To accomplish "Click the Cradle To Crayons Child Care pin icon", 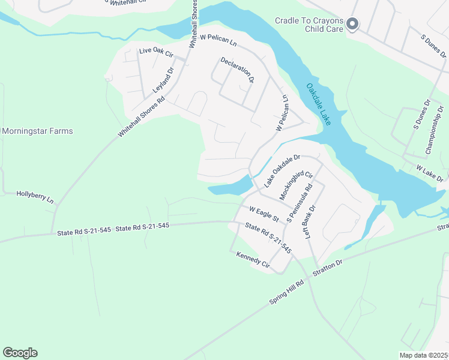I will pos(352,24).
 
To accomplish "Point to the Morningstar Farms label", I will pos(37,131).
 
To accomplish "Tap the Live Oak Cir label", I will pos(155,52).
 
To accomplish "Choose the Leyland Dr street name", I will pos(163,79).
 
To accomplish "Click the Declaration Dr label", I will pos(237,70).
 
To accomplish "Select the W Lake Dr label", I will pos(429,174).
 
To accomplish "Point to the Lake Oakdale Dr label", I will pos(282,170).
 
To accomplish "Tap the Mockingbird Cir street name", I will pos(297,185).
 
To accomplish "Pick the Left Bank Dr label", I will pos(310,223).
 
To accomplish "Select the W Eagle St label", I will pos(265,212).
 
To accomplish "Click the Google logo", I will pos(20,353).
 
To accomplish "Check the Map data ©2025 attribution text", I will pos(423,355).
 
